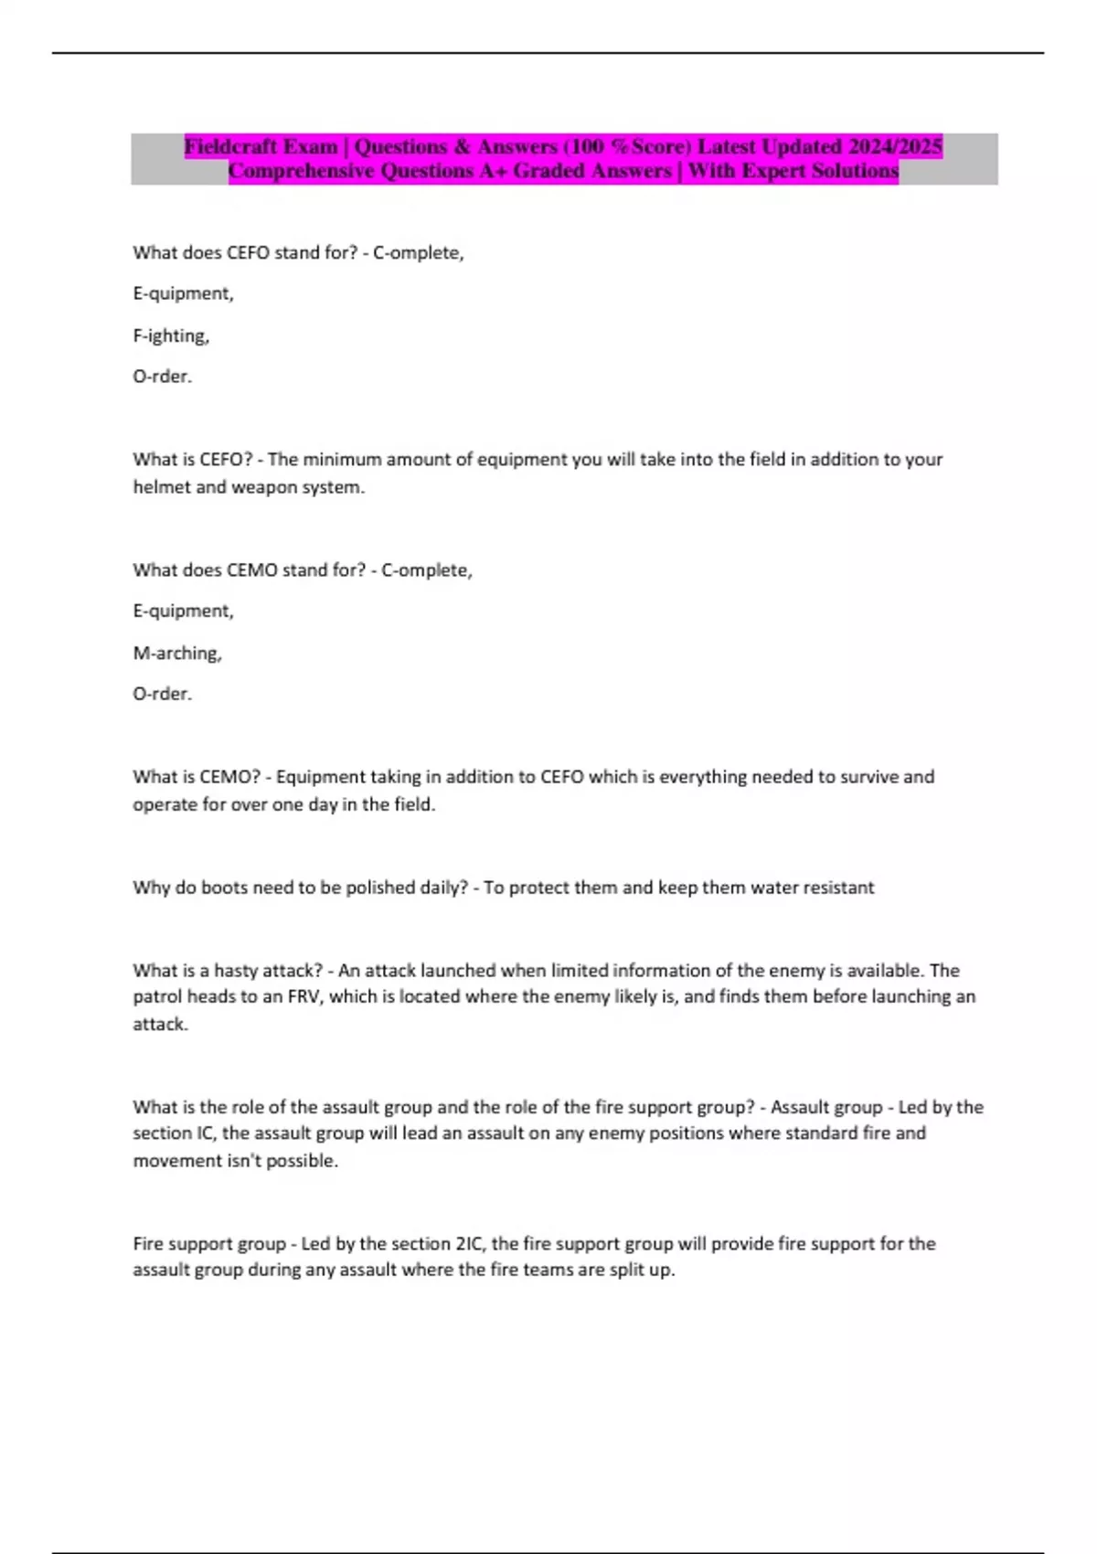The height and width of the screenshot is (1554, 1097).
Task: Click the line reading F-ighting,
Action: tap(171, 335)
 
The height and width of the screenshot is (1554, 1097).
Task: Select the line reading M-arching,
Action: tap(177, 653)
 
